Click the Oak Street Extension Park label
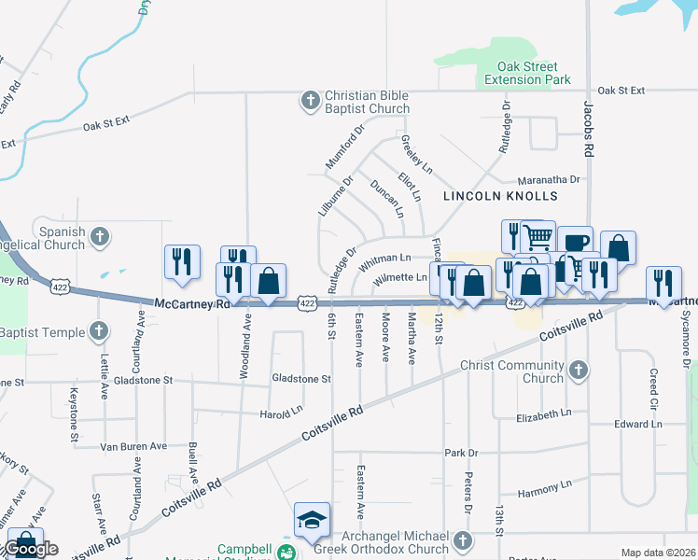pyautogui.click(x=527, y=74)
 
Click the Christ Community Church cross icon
pyautogui.click(x=579, y=371)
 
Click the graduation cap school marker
pyautogui.click(x=312, y=519)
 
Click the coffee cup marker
pyautogui.click(x=575, y=242)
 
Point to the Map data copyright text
pyautogui.click(x=658, y=553)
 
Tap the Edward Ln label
pyautogui.click(x=637, y=424)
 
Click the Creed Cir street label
pyautogui.click(x=654, y=380)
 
